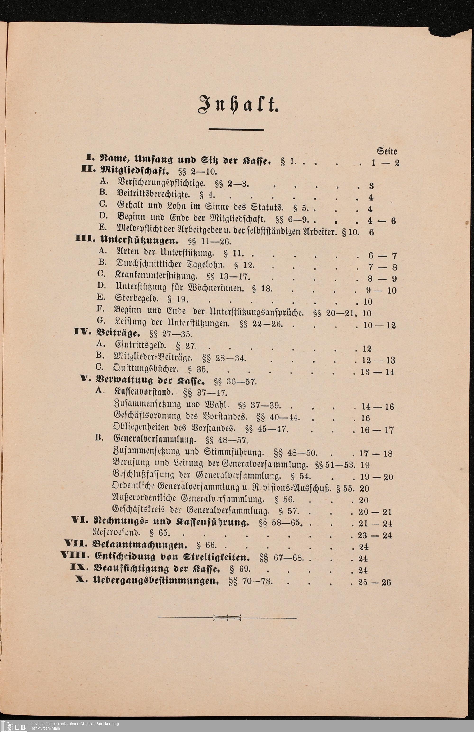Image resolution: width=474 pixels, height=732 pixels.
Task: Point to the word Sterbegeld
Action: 136,298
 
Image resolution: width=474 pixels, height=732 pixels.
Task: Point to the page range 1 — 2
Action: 385,163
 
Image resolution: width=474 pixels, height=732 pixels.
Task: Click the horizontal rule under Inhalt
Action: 236,130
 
